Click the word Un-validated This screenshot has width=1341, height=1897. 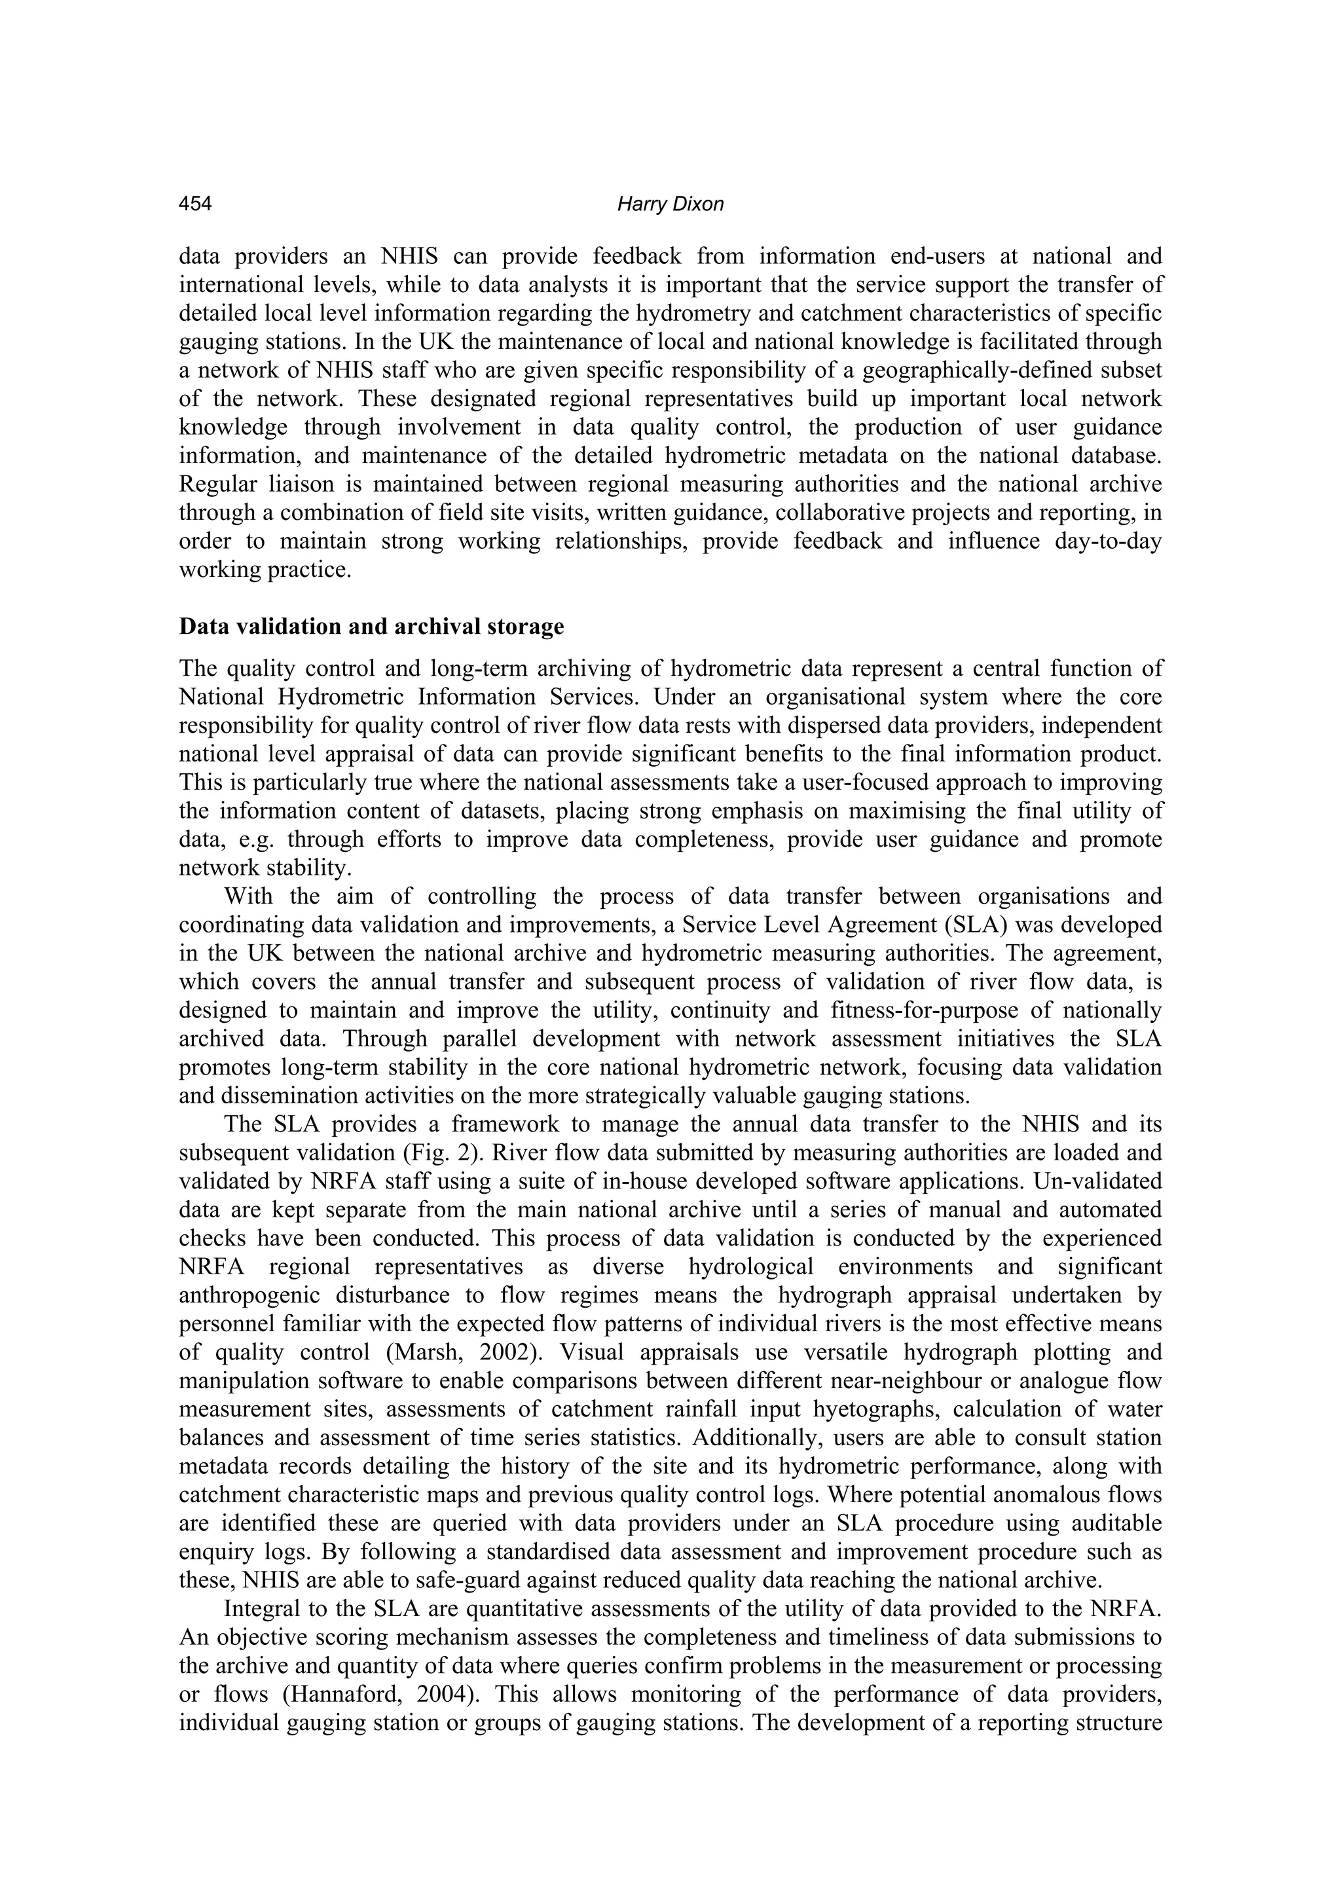(x=1110, y=1181)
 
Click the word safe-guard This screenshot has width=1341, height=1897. (x=504, y=1581)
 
